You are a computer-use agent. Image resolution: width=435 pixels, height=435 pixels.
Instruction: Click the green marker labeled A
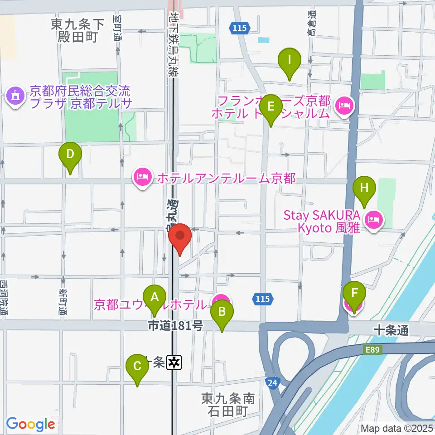pos(155,298)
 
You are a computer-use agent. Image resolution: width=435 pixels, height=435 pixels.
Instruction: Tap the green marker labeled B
pos(222,312)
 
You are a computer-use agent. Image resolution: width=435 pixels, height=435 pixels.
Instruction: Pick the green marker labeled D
pos(70,155)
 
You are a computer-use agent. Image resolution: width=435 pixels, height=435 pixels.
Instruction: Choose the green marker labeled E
pos(271,107)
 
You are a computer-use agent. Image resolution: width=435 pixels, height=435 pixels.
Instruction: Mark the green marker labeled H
pos(365,188)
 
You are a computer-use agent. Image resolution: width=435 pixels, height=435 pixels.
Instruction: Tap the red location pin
pos(180,237)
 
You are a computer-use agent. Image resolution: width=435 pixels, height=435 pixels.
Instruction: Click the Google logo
pos(30,424)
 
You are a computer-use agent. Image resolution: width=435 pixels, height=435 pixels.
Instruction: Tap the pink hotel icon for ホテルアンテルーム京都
pos(143,177)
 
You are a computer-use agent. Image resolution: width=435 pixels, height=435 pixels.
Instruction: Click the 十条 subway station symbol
pos(174,362)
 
